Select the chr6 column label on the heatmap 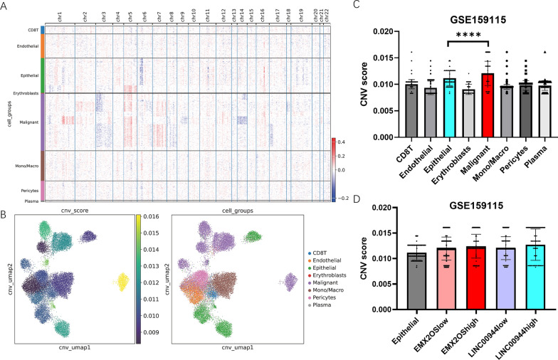144,14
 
